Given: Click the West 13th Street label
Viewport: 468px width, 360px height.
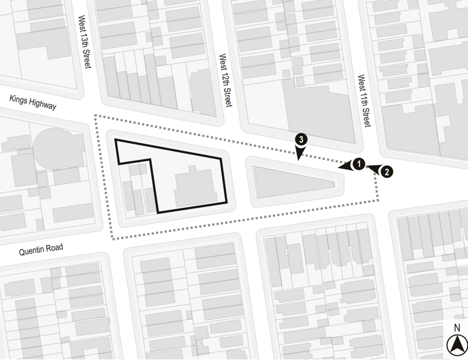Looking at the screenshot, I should pyautogui.click(x=84, y=42).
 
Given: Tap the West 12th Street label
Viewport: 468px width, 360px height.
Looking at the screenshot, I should pyautogui.click(x=225, y=81).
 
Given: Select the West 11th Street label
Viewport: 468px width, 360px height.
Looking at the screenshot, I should pyautogui.click(x=364, y=101).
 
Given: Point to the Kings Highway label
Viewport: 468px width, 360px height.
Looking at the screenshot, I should pyautogui.click(x=33, y=102).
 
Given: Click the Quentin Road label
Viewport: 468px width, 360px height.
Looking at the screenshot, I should pyautogui.click(x=41, y=249).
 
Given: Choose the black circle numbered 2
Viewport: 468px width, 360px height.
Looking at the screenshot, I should pyautogui.click(x=386, y=172).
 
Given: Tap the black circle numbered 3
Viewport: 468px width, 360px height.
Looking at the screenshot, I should pyautogui.click(x=301, y=140).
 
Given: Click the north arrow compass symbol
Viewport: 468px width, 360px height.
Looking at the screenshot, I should pyautogui.click(x=456, y=343).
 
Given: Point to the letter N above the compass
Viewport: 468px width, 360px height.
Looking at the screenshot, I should pyautogui.click(x=457, y=327).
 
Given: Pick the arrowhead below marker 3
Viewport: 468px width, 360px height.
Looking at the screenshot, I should pyautogui.click(x=300, y=155).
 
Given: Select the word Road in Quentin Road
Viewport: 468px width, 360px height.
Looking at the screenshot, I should pyautogui.click(x=55, y=248).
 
